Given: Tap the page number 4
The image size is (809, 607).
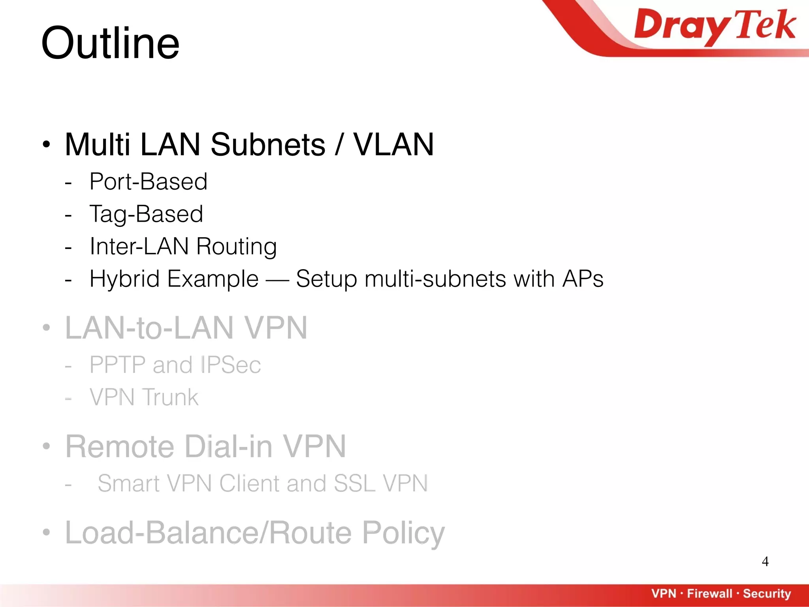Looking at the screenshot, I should coord(765,562).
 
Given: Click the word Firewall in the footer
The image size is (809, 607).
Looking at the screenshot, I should coord(709,593).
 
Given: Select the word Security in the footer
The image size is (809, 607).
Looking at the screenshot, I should coord(767,593).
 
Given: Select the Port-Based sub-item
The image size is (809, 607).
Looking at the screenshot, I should coord(148,181).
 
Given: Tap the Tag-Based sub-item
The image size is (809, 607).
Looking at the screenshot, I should coord(146,214).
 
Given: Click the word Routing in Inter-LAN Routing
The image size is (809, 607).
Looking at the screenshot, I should coord(236,246).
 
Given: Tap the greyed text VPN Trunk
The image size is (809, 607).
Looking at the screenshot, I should coord(144,397).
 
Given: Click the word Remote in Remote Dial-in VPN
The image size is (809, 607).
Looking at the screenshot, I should coord(120,447).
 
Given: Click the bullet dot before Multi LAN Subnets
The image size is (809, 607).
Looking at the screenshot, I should coord(47,145).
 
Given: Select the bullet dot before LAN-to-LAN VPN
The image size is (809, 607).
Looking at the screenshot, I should coord(47,328).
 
